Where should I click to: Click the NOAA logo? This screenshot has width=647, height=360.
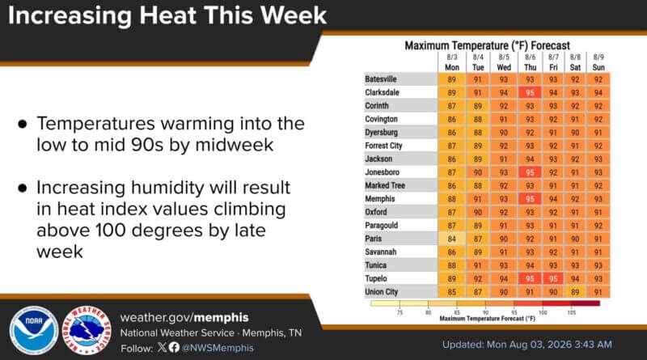pos(34,331)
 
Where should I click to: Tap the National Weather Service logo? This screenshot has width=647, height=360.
pos(87,331)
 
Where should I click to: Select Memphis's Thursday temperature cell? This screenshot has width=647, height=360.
pos(530,199)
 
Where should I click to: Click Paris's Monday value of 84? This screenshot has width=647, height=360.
pos(452,239)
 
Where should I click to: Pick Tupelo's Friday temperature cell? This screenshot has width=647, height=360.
pos(553,278)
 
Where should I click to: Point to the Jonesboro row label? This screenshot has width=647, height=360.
pos(382,172)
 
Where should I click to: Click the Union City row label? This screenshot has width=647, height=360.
pos(381,292)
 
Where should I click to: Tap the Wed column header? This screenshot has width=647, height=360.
pos(504,67)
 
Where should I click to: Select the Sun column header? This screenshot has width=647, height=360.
pos(598,67)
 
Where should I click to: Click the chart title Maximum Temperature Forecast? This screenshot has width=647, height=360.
pos(487,45)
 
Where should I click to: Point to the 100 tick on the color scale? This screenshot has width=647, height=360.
pos(543,312)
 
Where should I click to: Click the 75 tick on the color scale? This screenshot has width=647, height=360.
pos(400,312)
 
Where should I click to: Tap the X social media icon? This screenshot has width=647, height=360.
pos(162,347)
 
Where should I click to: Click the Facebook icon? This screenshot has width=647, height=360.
pos(174,347)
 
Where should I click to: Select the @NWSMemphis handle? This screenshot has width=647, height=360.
pos(218,348)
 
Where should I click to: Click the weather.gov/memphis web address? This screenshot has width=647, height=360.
pos(184,317)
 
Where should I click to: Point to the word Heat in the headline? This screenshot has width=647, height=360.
pos(169,15)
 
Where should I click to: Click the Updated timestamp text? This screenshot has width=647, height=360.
pos(527,345)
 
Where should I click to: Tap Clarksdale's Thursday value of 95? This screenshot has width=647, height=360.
pos(530,93)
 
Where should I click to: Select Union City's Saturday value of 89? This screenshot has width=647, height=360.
pos(575,292)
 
